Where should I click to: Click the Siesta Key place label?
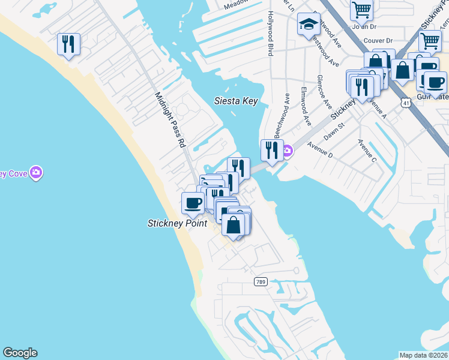[x=236, y=101]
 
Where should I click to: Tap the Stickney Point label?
[x=177, y=223]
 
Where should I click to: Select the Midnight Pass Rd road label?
[x=170, y=120]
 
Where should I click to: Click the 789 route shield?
[x=260, y=282]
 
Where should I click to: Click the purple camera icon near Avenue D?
[x=288, y=150]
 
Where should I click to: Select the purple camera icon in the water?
[x=37, y=173]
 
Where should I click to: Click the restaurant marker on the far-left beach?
[x=68, y=44]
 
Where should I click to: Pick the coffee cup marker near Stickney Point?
[x=193, y=203]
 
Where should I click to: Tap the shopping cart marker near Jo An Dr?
[x=361, y=8]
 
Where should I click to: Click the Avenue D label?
[x=319, y=149]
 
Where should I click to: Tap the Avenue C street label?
[x=367, y=151]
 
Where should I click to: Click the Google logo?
[x=20, y=353]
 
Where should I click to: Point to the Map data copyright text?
[x=424, y=355]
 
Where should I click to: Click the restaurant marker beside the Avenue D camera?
[x=272, y=150]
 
